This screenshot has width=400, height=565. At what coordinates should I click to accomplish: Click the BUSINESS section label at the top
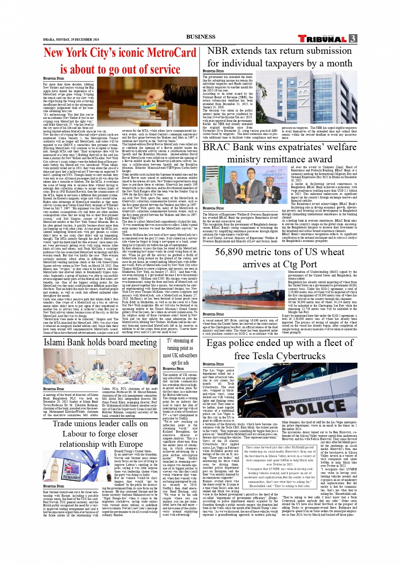[x=201, y=37]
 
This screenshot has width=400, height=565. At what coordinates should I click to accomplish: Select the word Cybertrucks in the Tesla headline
[x=301, y=356]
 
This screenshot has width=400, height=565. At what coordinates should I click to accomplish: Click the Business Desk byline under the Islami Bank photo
[x=54, y=389]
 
